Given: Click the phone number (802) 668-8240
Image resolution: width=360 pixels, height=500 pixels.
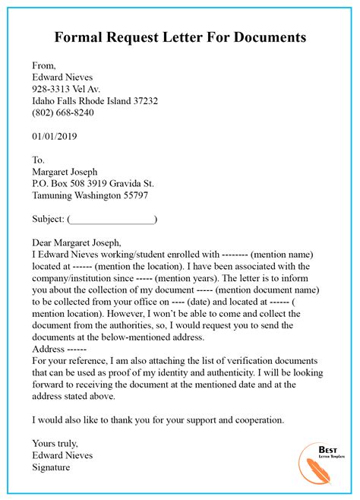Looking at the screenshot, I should click(63, 112).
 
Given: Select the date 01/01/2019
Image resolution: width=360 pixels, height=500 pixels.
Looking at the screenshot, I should click(55, 137).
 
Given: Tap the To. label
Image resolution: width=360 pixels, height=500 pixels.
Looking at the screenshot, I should click(39, 160).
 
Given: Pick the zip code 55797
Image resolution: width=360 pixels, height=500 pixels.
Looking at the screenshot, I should click(133, 195).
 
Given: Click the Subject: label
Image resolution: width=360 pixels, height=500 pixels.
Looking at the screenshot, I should click(49, 219).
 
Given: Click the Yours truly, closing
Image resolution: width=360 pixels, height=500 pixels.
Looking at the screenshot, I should click(55, 443).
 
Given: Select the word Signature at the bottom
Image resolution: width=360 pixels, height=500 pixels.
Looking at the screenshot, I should click(51, 467).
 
